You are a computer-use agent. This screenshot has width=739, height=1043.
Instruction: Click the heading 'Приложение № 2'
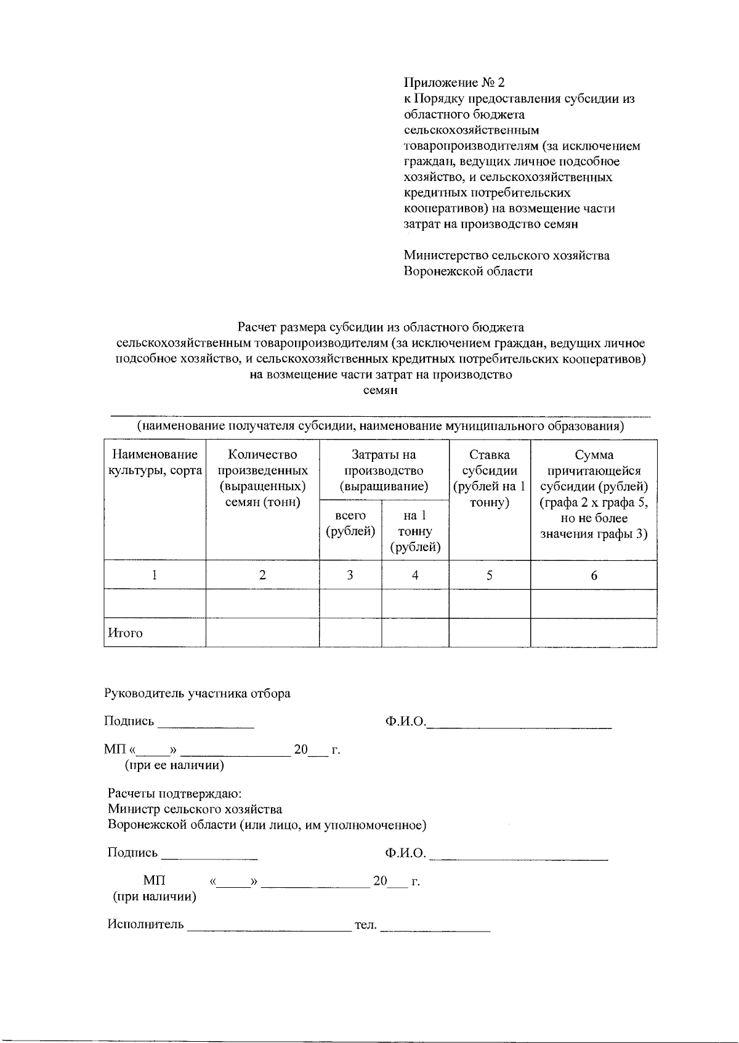pos(454,83)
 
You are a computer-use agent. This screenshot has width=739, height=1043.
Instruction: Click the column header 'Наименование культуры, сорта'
pos(155,462)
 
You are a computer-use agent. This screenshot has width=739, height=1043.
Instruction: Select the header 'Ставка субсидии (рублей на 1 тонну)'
pos(490,478)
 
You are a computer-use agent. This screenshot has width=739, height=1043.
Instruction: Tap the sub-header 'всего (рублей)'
pos(350,523)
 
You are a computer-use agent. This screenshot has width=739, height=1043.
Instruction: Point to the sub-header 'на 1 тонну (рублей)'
pos(415,531)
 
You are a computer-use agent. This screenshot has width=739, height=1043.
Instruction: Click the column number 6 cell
pos(594,575)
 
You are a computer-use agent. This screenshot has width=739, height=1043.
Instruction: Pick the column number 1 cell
pos(155,575)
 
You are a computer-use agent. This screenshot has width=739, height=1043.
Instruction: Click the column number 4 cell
pos(415,575)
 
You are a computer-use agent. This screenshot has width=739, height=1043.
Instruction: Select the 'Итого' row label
pos(126,633)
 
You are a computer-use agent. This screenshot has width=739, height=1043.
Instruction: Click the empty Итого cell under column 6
pos(594,633)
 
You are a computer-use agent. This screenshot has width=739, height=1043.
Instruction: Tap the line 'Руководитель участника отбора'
pos(197,693)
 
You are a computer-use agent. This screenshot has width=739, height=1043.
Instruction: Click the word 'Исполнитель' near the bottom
pos(146,924)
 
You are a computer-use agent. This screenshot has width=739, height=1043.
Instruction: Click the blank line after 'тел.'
pos(435,927)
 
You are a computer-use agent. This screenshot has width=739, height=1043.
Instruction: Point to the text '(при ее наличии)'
pos(174,765)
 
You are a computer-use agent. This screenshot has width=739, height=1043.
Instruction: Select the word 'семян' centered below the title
pos(380,390)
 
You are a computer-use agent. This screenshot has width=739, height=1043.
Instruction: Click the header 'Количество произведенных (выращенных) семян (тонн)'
pos(262,478)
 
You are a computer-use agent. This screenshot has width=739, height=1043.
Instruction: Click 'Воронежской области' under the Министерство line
pos(468,271)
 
